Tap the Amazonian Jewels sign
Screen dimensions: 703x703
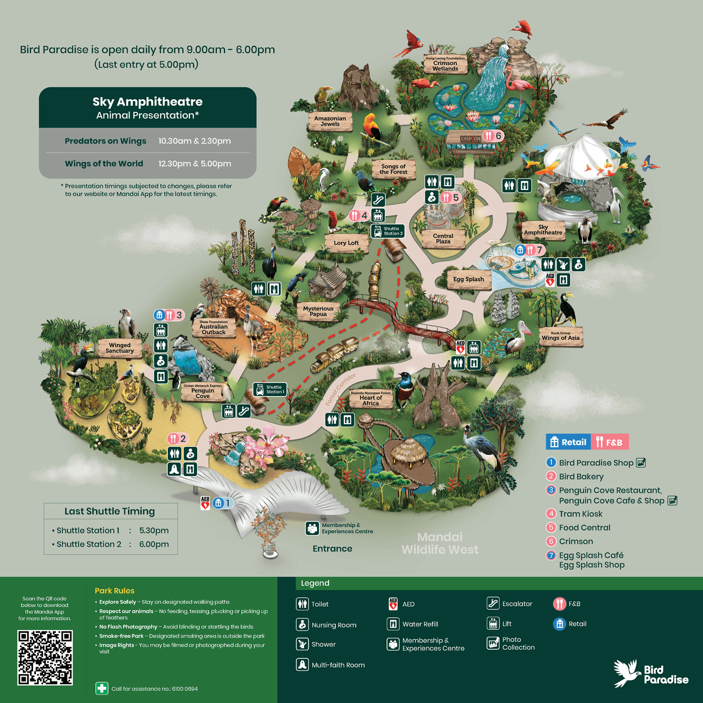click(x=330, y=121)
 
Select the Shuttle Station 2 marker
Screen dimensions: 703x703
click(x=387, y=231)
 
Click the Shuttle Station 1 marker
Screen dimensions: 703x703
click(x=270, y=389)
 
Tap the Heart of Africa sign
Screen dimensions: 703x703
click(x=371, y=399)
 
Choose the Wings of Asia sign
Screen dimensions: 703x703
click(x=560, y=336)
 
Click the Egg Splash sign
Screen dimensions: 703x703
click(x=468, y=279)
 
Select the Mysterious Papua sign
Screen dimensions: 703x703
click(x=318, y=311)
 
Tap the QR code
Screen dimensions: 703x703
click(x=45, y=658)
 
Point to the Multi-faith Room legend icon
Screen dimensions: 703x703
click(x=302, y=665)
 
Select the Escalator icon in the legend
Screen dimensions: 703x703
click(x=493, y=604)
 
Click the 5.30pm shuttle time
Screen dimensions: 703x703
click(x=154, y=530)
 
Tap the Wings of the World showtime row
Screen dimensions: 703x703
click(x=148, y=164)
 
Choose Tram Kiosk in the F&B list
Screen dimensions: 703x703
click(x=581, y=514)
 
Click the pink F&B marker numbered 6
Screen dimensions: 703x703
click(x=493, y=136)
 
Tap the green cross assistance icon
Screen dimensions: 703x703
click(x=101, y=689)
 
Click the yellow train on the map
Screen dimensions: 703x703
click(x=335, y=354)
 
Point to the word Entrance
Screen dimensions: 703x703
click(x=332, y=549)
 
